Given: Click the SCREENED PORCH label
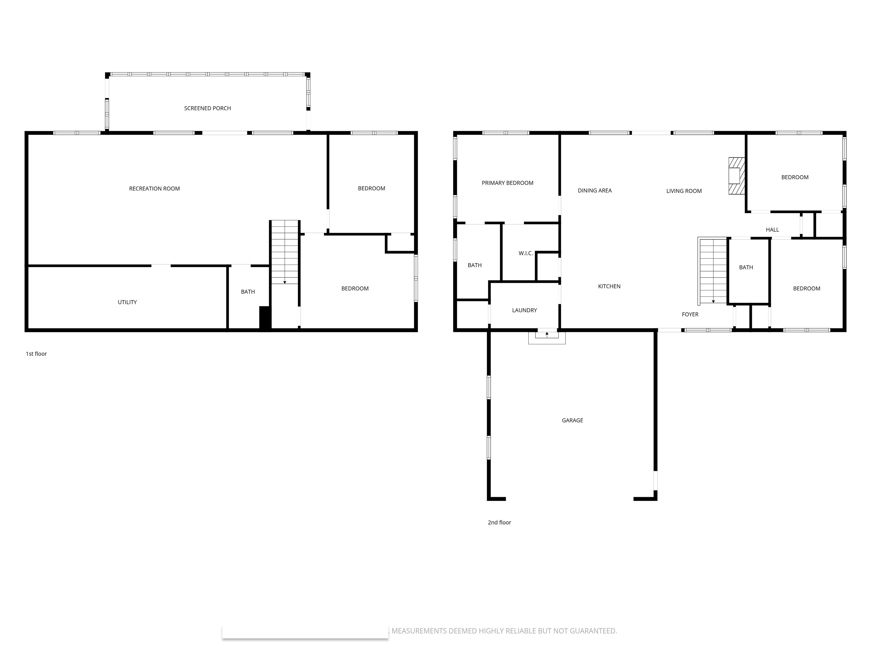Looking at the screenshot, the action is (x=208, y=108).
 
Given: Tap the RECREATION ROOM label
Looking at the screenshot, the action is (x=154, y=188).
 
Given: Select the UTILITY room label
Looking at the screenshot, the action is (x=127, y=302).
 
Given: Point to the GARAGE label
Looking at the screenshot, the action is (x=572, y=420).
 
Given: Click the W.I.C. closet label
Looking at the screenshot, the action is (x=526, y=253).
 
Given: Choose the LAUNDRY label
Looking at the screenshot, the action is (x=525, y=310).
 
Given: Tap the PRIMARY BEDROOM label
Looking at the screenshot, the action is (x=508, y=183).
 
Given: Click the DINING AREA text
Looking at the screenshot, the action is (x=595, y=190).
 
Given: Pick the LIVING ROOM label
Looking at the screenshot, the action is (x=684, y=191).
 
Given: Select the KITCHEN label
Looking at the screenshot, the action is (x=609, y=287).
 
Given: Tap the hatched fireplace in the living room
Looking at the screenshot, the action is (x=736, y=176).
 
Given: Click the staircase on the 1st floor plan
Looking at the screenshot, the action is (x=285, y=252).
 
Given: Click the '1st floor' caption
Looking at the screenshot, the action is (x=36, y=354).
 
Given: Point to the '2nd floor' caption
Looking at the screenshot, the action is (x=499, y=523).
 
